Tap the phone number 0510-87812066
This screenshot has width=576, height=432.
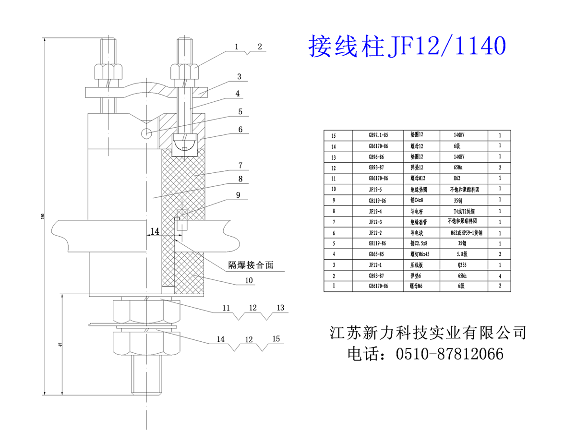click(x=449, y=354)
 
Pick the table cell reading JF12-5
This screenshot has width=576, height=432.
click(x=376, y=190)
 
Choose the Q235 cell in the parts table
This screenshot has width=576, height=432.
click(x=460, y=264)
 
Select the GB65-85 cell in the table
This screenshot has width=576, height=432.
click(x=376, y=254)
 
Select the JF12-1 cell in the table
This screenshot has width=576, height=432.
click(x=376, y=264)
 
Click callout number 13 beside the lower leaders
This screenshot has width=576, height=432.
click(x=280, y=307)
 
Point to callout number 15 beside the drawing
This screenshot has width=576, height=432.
click(x=276, y=339)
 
